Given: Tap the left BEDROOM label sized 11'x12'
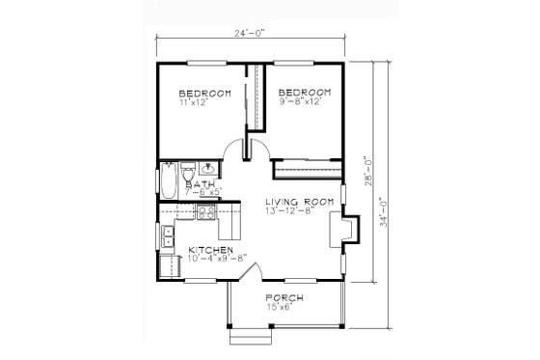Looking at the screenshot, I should (x=203, y=93).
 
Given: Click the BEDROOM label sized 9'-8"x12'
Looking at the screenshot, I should (x=305, y=93).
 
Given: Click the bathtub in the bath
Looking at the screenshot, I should (x=169, y=180).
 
